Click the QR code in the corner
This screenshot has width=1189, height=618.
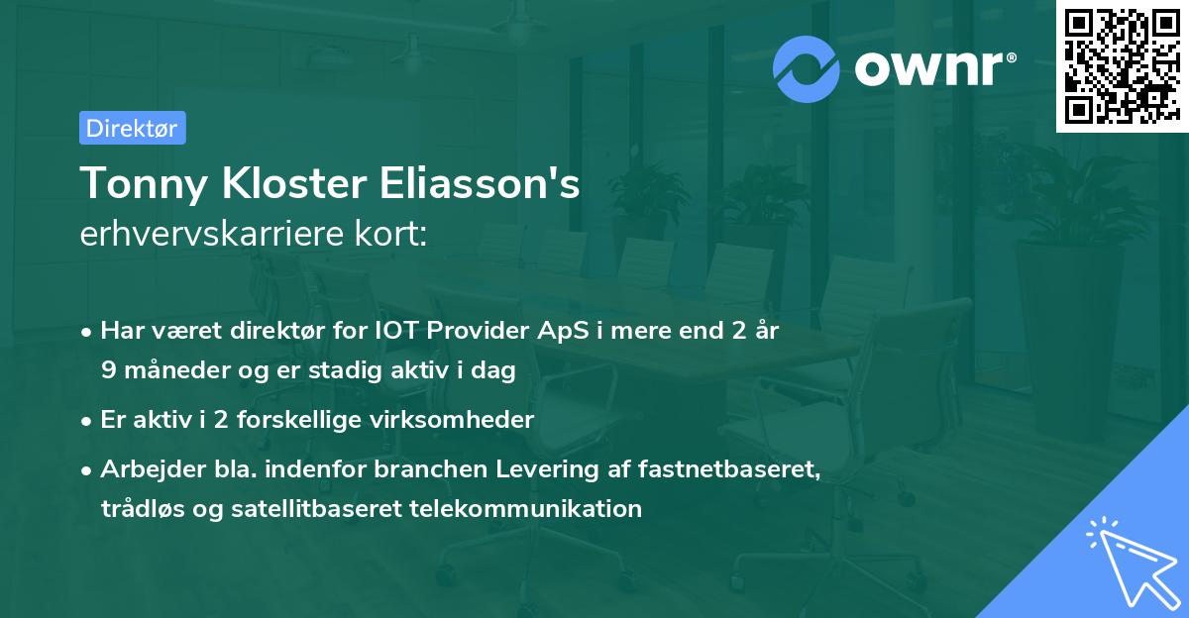(1122, 65)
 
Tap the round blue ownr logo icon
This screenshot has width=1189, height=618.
(807, 68)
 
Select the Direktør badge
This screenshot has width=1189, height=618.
(132, 128)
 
